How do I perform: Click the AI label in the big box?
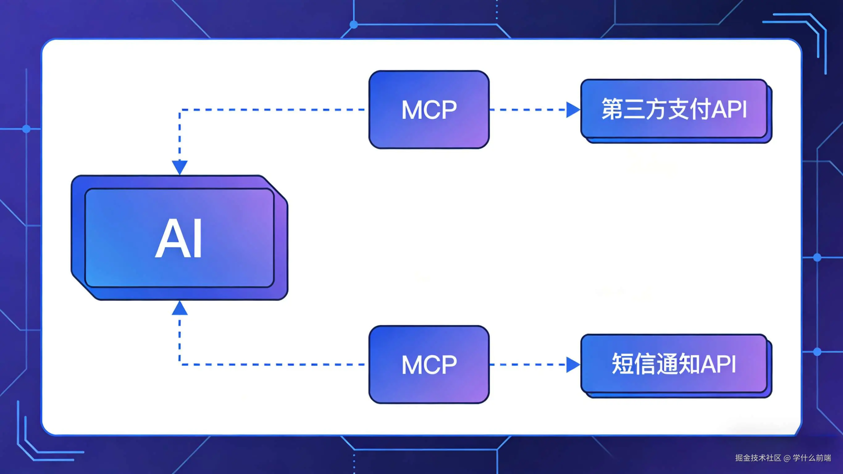pyautogui.click(x=179, y=238)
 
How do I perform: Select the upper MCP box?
pyautogui.click(x=429, y=109)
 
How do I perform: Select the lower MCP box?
pyautogui.click(x=429, y=364)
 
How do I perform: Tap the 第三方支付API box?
pyautogui.click(x=674, y=109)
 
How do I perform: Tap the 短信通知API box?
pyautogui.click(x=674, y=364)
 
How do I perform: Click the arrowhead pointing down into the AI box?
pyautogui.click(x=180, y=167)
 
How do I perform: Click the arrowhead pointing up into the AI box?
pyautogui.click(x=180, y=309)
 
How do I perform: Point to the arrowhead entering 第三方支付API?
pyautogui.click(x=573, y=110)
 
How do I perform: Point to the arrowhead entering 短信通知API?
pyautogui.click(x=573, y=365)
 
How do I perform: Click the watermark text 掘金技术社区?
pyautogui.click(x=758, y=458)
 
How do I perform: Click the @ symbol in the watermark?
pyautogui.click(x=787, y=458)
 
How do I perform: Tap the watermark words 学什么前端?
pyautogui.click(x=812, y=458)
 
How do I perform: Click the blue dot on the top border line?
pyautogui.click(x=354, y=24)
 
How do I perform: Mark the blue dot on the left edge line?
pyautogui.click(x=26, y=129)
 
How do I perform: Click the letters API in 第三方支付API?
pyautogui.click(x=729, y=109)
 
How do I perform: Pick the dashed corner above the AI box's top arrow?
pyautogui.click(x=180, y=110)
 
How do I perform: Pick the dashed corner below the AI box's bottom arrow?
pyautogui.click(x=180, y=364)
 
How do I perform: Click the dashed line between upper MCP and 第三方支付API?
pyautogui.click(x=527, y=110)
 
